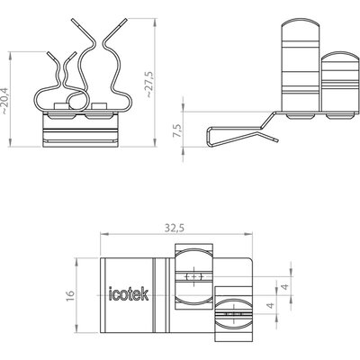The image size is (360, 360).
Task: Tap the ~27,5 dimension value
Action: [149, 84]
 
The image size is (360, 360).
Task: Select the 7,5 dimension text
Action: [177, 130]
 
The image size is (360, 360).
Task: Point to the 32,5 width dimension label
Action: [175, 229]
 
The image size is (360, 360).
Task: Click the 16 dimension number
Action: [69, 295]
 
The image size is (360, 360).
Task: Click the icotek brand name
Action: [129, 293]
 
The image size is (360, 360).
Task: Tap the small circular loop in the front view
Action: [77, 100]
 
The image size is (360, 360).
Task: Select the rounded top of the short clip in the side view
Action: [340, 56]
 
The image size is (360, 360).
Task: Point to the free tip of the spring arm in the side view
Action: [277, 140]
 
